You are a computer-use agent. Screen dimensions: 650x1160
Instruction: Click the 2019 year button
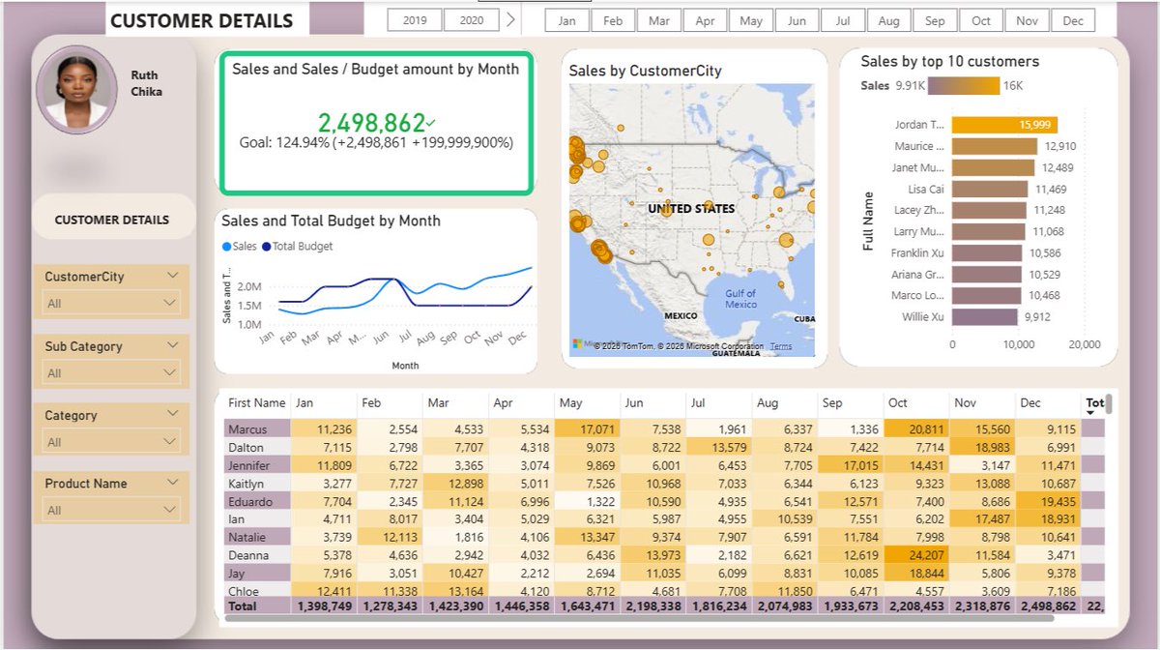click(415, 20)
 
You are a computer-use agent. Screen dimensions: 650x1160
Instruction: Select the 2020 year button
click(472, 20)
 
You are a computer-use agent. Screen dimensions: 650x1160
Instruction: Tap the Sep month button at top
click(935, 20)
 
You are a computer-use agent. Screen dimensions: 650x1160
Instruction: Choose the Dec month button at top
click(1073, 20)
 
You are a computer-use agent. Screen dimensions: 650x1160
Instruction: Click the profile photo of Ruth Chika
click(76, 89)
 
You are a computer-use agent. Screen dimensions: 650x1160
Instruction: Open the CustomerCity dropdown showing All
click(112, 303)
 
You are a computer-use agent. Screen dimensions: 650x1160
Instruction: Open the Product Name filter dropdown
click(112, 510)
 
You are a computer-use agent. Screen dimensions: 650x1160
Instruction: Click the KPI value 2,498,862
click(372, 123)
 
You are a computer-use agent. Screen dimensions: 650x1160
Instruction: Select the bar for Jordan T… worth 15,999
click(1004, 125)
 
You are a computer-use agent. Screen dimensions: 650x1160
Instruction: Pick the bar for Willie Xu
click(984, 316)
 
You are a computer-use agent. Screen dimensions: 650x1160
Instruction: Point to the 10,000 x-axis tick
click(1019, 344)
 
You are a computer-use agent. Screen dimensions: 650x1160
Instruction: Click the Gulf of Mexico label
click(740, 299)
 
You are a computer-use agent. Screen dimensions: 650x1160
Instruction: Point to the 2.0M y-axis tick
click(248, 287)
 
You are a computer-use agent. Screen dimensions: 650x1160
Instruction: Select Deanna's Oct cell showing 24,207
click(915, 555)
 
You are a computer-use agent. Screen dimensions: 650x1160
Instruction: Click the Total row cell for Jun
click(652, 606)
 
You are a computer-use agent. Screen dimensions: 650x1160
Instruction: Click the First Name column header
click(256, 403)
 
